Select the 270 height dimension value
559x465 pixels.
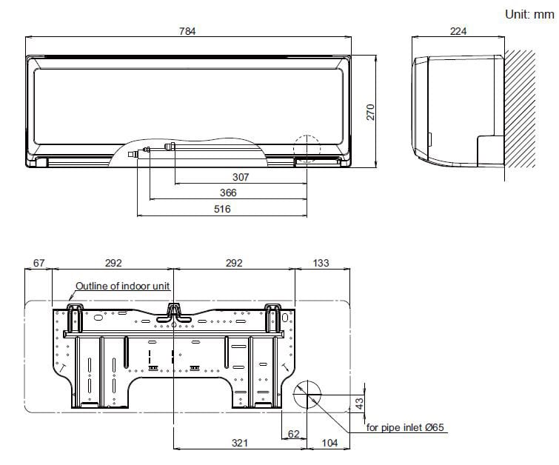click(x=372, y=111)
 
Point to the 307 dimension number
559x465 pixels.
click(x=241, y=177)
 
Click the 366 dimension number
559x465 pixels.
click(x=229, y=193)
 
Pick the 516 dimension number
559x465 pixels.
click(x=222, y=209)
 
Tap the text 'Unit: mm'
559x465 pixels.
click(x=529, y=14)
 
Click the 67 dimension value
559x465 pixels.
click(x=40, y=263)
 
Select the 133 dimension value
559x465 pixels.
click(x=321, y=263)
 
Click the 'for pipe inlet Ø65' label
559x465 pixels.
click(x=405, y=428)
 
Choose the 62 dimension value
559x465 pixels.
click(x=294, y=433)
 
